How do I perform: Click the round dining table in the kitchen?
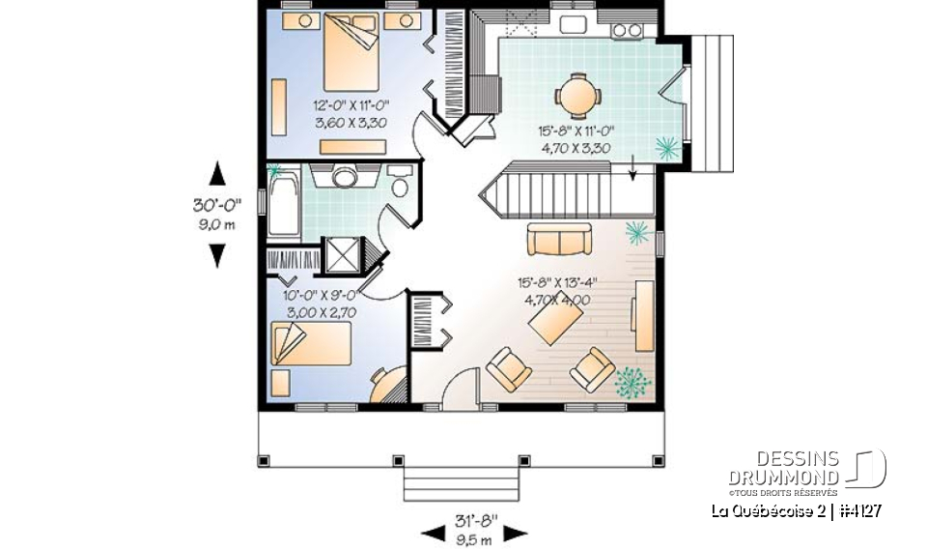pos(577,95)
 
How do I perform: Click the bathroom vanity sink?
pos(345,176)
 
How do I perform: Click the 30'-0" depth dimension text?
pos(216,205)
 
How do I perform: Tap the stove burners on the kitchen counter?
pos(627,30)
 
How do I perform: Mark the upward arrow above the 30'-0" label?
pos(218,174)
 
